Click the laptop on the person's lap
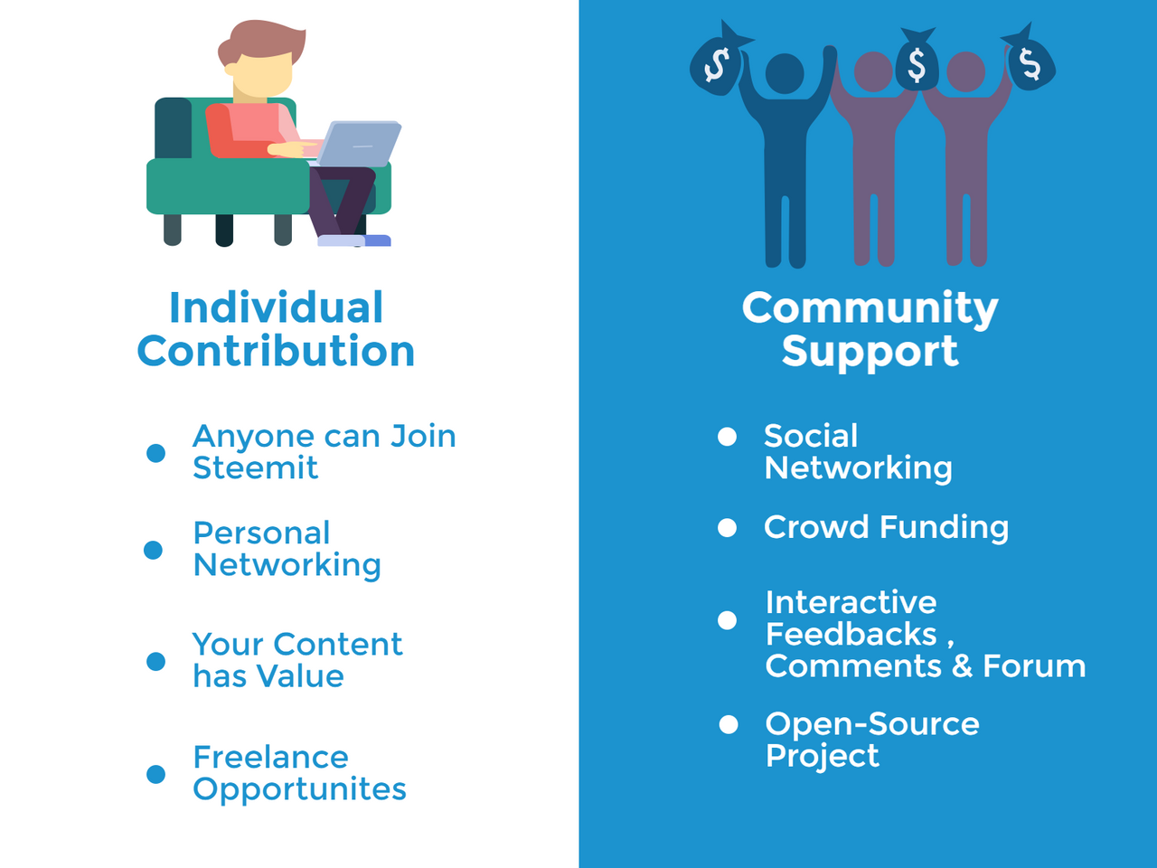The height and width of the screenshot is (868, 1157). coord(360,144)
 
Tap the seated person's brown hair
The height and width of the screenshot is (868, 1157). coord(262,40)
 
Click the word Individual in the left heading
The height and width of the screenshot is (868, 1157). coord(276,307)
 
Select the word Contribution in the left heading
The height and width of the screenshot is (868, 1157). coord(276,351)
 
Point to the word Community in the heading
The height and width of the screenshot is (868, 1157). coord(870,308)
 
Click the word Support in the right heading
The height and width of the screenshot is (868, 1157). coord(870,351)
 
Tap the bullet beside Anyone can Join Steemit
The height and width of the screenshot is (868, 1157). coord(156,452)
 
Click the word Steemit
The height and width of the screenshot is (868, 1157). coord(255,468)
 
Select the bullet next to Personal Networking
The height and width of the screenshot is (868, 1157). coord(154,550)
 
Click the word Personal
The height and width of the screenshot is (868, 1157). coord(261,533)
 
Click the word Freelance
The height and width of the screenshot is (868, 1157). coord(270,757)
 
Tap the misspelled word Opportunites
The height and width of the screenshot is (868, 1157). coord(299,789)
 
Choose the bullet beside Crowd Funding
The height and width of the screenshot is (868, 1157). coord(727,528)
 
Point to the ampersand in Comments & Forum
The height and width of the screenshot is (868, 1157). coord(962,666)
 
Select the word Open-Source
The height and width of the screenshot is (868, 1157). coord(872,723)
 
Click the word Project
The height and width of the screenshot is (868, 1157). coord(822,756)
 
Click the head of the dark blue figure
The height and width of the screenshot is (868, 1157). coord(785,73)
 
